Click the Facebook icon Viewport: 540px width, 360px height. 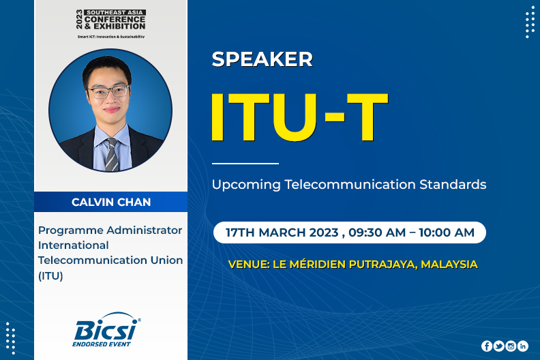pos(487,346)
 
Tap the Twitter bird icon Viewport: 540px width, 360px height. pos(498,346)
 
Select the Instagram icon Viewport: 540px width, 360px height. pos(511,346)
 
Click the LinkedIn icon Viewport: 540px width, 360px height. pos(523,346)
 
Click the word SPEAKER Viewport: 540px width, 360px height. pos(262,59)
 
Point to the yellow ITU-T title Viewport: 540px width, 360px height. pos(299,117)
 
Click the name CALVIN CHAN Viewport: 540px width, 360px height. pos(111,202)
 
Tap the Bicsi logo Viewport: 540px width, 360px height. pos(107,330)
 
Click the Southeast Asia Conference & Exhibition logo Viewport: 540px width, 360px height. pos(111,23)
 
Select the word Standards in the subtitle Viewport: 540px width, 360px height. pos(453,184)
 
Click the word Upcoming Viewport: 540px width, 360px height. pos(246,185)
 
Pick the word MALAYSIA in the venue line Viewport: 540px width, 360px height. pos(449,265)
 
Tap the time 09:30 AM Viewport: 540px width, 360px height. pos(377,232)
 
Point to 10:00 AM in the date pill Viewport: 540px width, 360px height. pos(447,232)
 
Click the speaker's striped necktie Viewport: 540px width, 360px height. pos(112,155)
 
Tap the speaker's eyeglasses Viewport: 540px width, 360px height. pos(108,92)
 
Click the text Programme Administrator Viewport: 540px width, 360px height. pos(110,230)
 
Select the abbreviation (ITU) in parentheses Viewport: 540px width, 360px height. pos(50,276)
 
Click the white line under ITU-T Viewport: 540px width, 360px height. pos(245,163)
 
